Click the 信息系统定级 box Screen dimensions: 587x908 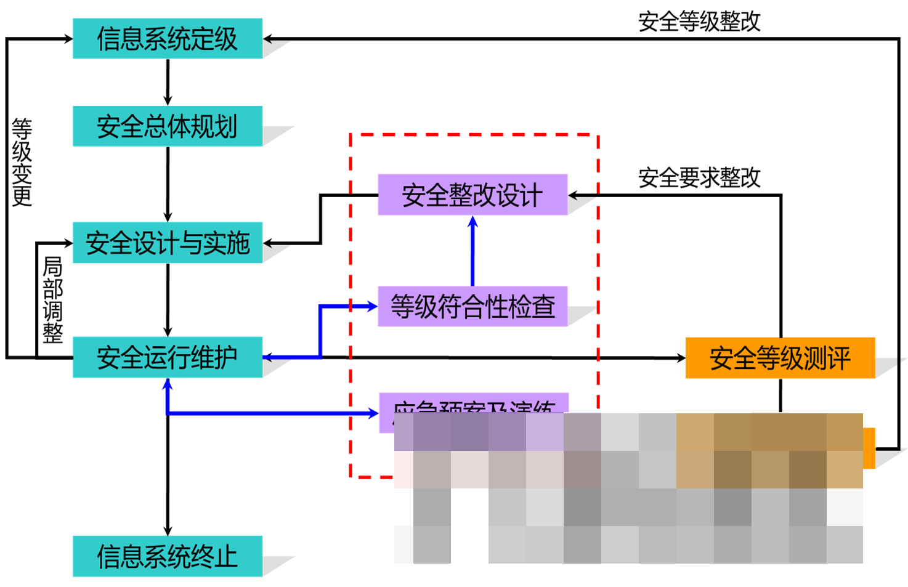click(168, 39)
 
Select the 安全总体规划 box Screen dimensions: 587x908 click(168, 126)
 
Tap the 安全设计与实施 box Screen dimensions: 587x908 click(168, 243)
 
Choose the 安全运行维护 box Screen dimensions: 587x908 click(168, 357)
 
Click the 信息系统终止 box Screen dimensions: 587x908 click(168, 556)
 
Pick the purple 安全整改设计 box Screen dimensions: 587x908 click(472, 195)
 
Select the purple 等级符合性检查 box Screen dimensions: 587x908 click(472, 306)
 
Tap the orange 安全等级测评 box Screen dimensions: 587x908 click(780, 358)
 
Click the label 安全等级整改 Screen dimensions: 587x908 click(699, 22)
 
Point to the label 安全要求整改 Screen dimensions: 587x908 click(699, 178)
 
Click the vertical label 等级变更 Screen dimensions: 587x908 click(22, 162)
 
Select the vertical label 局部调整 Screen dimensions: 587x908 click(53, 299)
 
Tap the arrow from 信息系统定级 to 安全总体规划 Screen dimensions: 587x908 click(168, 83)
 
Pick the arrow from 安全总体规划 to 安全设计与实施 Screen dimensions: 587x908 click(168, 184)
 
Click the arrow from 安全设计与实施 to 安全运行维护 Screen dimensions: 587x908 click(168, 300)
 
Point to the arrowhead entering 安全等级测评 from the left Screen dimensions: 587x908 click(679, 358)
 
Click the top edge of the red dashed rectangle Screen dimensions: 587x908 click(474, 134)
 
